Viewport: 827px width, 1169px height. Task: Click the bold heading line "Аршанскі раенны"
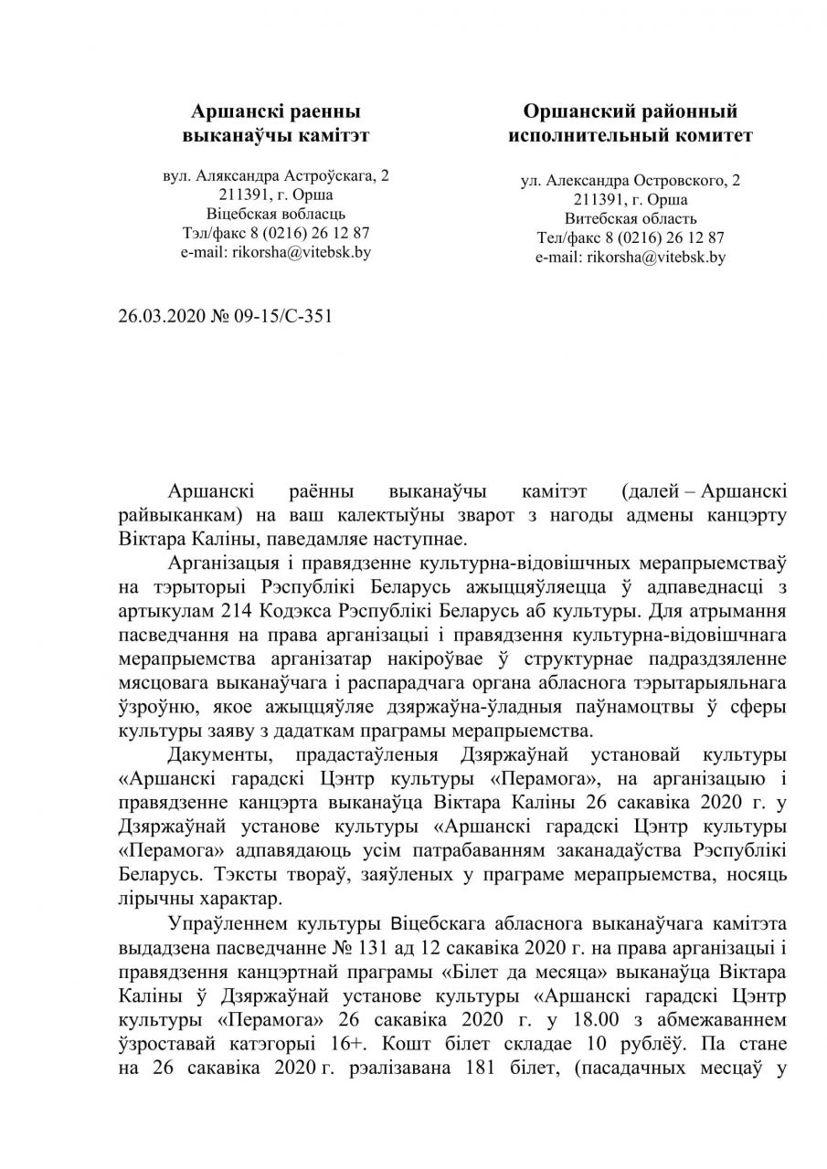(275, 111)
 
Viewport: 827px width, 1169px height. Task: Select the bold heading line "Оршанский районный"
(630, 111)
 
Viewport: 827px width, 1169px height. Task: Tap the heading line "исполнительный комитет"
(630, 135)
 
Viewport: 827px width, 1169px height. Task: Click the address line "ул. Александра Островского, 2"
(630, 181)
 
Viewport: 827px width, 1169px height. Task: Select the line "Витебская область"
(630, 219)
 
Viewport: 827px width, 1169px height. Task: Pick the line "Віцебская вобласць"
(275, 213)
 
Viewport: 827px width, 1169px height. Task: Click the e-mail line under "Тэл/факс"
(275, 252)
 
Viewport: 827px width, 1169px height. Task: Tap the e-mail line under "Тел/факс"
(630, 258)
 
